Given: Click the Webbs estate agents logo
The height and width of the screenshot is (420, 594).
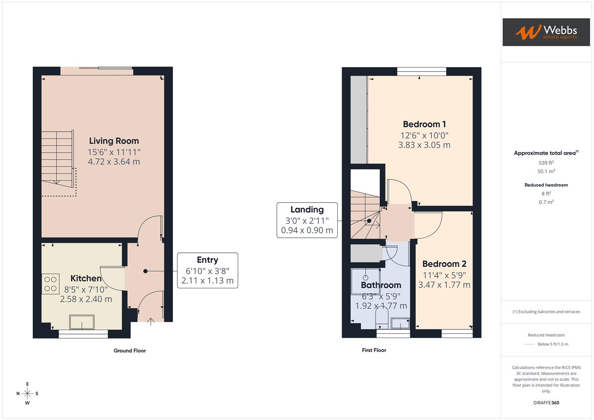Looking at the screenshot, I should [x=546, y=32].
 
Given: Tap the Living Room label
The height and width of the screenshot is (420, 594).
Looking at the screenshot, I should [x=114, y=141].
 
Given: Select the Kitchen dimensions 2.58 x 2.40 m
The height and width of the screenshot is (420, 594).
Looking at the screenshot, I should [x=86, y=299].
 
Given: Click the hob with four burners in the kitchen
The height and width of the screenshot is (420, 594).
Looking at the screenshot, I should [x=51, y=284].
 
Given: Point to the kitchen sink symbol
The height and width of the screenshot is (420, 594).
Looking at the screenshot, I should [x=82, y=322].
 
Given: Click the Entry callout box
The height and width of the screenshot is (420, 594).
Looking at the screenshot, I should [x=207, y=270].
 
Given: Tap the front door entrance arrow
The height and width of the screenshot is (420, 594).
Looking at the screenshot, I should [x=151, y=321].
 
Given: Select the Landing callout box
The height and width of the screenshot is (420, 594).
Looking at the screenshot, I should [x=307, y=220].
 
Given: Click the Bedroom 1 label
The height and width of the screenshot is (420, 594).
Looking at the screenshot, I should [x=424, y=124].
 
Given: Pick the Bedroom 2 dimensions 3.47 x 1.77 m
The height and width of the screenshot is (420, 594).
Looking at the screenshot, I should [x=444, y=285].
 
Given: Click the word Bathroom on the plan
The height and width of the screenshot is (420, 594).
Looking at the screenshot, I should [x=381, y=285].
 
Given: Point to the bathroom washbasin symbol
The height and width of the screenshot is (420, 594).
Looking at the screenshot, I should [x=400, y=323].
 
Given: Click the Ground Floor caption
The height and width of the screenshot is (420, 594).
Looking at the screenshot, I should [x=130, y=351].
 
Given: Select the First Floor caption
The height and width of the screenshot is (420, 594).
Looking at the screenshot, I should [x=374, y=350].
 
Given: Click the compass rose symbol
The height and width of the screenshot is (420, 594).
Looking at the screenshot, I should [x=27, y=394].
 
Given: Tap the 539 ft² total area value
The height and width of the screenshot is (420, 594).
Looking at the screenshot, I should [x=546, y=163].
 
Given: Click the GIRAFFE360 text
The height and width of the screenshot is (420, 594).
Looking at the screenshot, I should [x=546, y=402].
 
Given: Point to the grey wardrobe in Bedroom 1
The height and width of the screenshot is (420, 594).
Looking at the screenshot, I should [x=359, y=119].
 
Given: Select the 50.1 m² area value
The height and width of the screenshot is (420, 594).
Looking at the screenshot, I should [x=546, y=171].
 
